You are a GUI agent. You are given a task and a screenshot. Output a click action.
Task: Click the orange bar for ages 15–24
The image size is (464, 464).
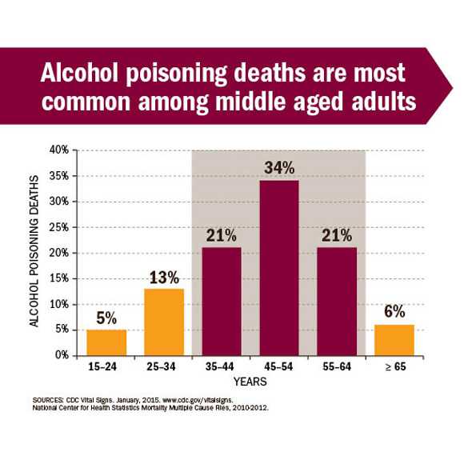[106, 342]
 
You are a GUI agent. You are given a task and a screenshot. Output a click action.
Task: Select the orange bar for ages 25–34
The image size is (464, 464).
[163, 322]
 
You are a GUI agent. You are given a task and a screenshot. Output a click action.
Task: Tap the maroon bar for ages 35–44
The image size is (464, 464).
[221, 301]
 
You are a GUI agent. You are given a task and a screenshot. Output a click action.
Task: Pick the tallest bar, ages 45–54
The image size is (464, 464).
[278, 268]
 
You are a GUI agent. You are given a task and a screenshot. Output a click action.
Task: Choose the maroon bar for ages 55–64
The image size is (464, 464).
[336, 301]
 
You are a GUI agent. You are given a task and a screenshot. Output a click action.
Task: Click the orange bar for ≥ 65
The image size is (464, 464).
[394, 339]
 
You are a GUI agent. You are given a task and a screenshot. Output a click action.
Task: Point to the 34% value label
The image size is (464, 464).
[278, 168]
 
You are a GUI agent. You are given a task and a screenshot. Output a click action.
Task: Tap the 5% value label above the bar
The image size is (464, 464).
[106, 318]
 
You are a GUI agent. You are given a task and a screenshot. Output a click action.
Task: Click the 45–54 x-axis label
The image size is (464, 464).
[278, 369]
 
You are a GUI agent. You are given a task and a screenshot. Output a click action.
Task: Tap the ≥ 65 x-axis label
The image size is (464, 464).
[394, 369]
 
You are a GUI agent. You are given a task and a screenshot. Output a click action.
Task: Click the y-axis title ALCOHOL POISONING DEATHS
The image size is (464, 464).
[34, 253]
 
